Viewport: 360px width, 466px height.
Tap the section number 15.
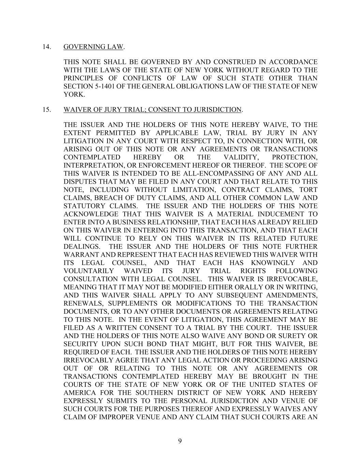(46, 110)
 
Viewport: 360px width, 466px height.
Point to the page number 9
(180, 441)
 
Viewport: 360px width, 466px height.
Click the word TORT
(308, 190)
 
